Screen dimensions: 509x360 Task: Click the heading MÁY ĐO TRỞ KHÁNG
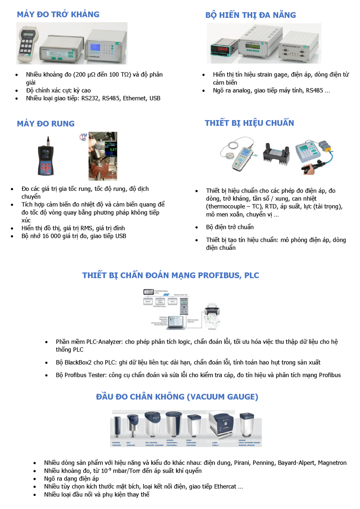tap(58, 14)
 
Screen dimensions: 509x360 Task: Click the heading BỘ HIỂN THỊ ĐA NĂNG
tap(251, 15)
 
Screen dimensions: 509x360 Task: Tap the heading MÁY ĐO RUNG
tap(46, 124)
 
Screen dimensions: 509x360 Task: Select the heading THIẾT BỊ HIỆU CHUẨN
tap(249, 123)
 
